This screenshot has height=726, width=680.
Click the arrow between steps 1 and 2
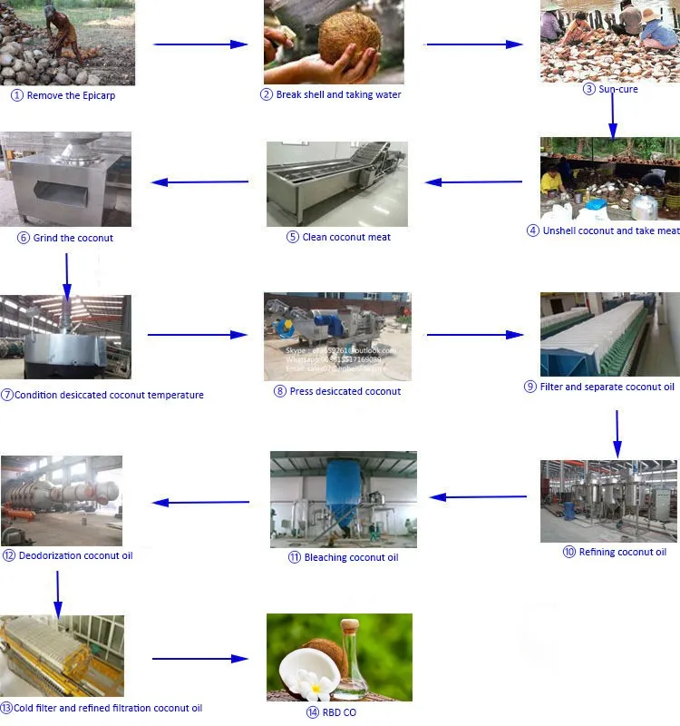click(x=200, y=44)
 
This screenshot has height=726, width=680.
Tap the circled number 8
click(x=280, y=391)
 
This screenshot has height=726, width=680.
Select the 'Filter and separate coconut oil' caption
click(x=606, y=387)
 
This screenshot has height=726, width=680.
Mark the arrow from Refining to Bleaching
click(x=478, y=497)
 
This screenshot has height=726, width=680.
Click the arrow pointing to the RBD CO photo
click(x=199, y=659)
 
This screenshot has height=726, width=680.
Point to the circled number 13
click(x=7, y=708)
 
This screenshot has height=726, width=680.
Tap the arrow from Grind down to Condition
click(x=67, y=272)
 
